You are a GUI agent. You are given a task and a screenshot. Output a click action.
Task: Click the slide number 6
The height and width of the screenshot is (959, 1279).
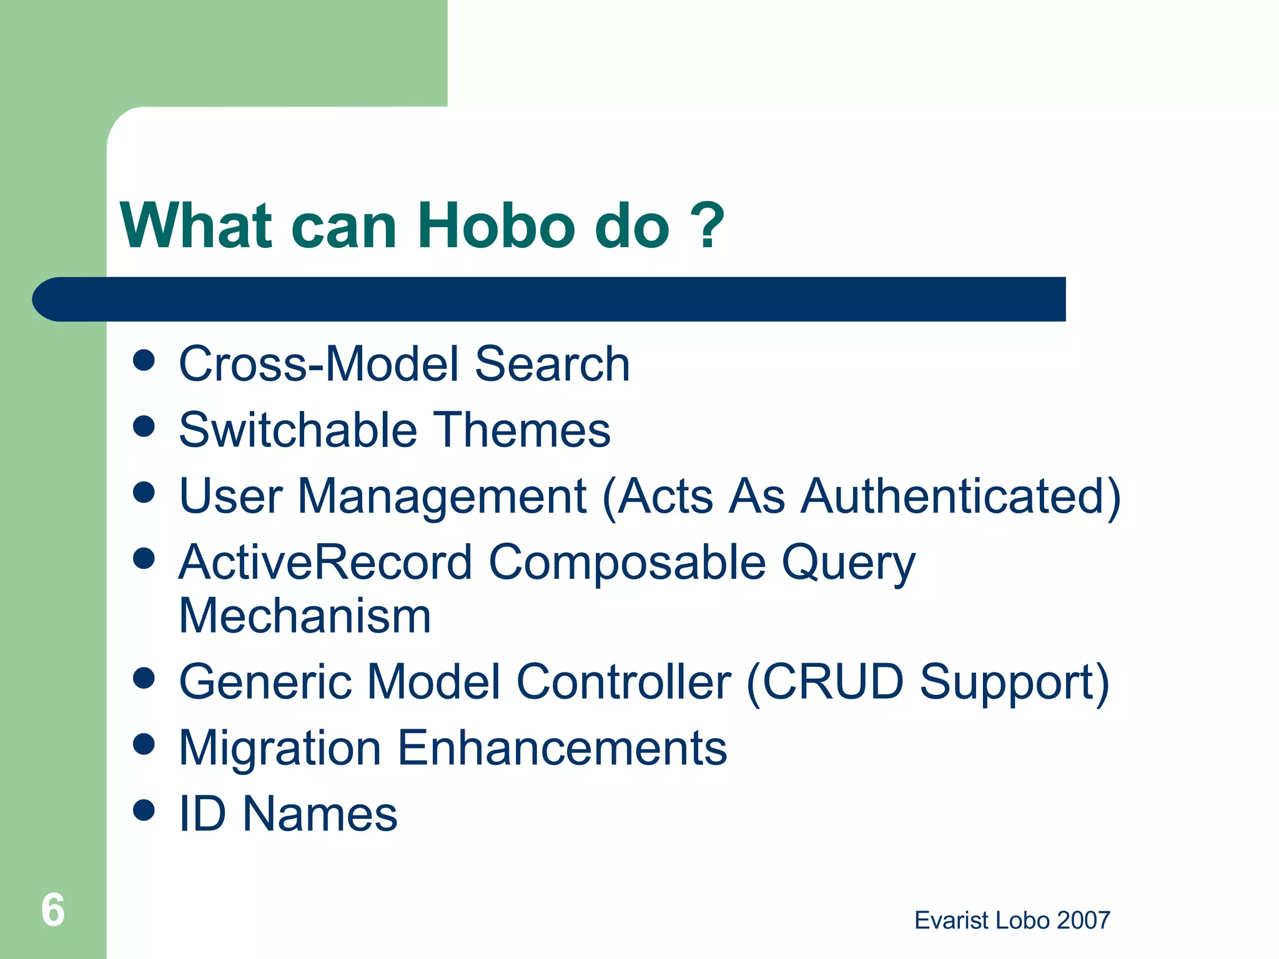click(x=53, y=910)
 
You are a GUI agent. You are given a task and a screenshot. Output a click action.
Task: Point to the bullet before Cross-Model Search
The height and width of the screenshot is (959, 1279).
click(x=144, y=360)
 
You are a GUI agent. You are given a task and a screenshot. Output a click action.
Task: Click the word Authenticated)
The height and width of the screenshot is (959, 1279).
click(x=960, y=496)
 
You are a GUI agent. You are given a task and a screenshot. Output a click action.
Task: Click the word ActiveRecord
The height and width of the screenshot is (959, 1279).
click(x=325, y=562)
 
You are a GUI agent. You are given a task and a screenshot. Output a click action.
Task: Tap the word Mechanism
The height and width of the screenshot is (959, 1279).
click(x=305, y=616)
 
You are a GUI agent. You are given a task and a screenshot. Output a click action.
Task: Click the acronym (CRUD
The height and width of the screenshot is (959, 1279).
click(x=825, y=682)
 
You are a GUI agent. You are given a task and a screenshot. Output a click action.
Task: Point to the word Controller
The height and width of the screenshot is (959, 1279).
click(x=623, y=682)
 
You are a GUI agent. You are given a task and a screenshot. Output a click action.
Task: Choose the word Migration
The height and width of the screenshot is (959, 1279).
click(x=280, y=749)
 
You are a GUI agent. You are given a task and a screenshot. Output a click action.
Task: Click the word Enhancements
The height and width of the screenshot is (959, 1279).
click(x=562, y=748)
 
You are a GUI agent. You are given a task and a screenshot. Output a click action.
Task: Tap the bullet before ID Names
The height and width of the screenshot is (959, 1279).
click(x=144, y=810)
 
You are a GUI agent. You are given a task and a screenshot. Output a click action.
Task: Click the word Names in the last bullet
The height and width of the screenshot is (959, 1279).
click(x=320, y=814)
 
